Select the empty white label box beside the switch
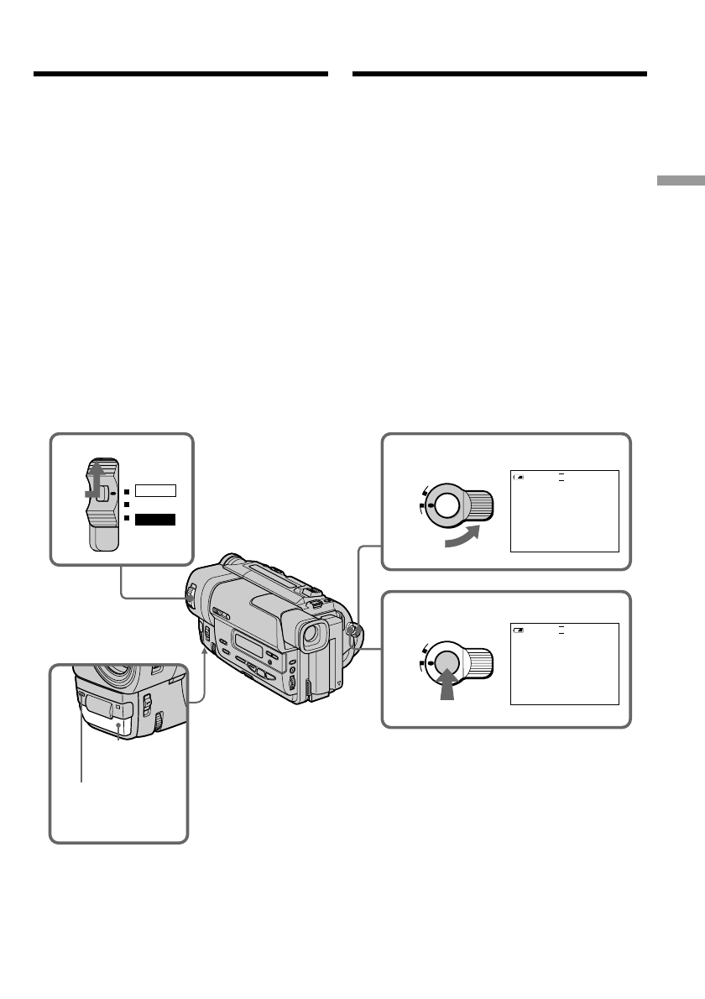click(x=156, y=490)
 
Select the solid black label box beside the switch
click(x=156, y=520)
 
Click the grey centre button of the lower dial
click(x=446, y=659)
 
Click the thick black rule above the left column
click(x=180, y=75)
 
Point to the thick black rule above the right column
click(x=499, y=75)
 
